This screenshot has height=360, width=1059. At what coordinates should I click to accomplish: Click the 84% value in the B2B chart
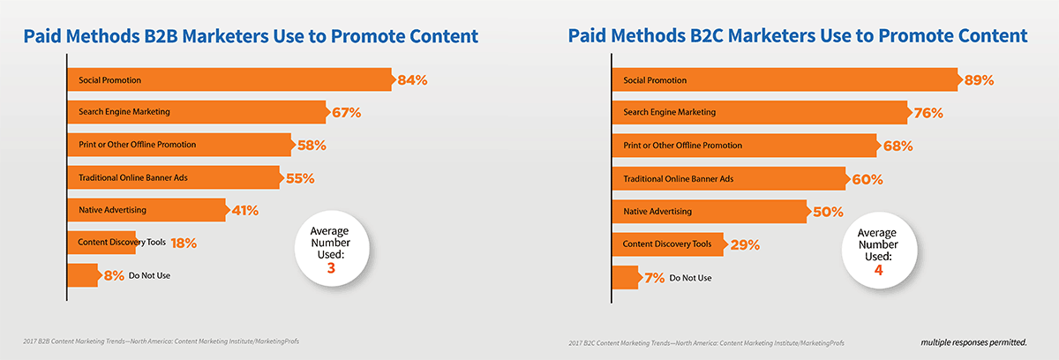pyautogui.click(x=412, y=80)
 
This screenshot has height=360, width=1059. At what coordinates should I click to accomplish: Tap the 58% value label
pyautogui.click(x=312, y=145)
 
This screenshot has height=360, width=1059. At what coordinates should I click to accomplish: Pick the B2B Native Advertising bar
pyautogui.click(x=148, y=210)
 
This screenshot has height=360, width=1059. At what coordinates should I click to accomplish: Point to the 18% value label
pyautogui.click(x=184, y=243)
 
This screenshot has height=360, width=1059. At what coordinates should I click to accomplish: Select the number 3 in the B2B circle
pyautogui.click(x=331, y=268)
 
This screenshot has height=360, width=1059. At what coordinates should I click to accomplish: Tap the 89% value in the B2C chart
pyautogui.click(x=979, y=80)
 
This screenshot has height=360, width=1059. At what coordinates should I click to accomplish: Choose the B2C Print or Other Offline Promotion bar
pyautogui.click(x=746, y=146)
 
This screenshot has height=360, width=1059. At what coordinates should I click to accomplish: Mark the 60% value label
pyautogui.click(x=867, y=179)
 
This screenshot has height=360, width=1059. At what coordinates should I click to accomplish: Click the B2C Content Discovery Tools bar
pyautogui.click(x=670, y=244)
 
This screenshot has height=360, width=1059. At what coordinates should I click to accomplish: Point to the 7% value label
pyautogui.click(x=654, y=278)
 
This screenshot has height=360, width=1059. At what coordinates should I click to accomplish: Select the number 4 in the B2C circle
pyautogui.click(x=878, y=270)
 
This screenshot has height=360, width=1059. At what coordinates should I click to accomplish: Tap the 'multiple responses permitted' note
pyautogui.click(x=974, y=342)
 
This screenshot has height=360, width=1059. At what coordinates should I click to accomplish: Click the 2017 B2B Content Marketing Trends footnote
pyautogui.click(x=161, y=341)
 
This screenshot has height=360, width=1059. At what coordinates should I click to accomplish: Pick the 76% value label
pyautogui.click(x=928, y=113)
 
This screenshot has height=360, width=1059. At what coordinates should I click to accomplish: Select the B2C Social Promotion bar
pyautogui.click(x=786, y=79)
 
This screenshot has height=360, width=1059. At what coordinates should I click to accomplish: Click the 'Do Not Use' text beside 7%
pyautogui.click(x=690, y=278)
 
